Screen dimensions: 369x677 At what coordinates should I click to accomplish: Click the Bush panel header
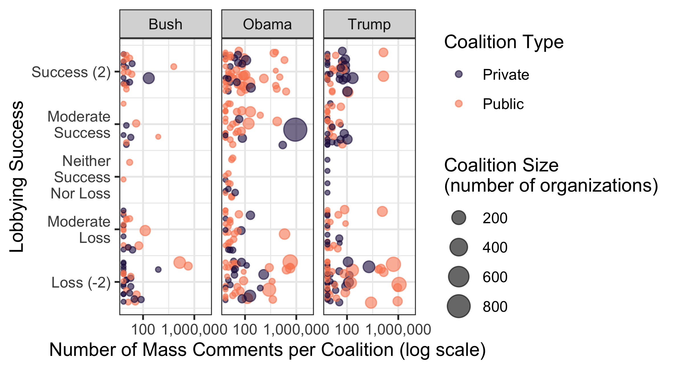coord(166,24)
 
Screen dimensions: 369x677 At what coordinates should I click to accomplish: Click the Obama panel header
coord(267,24)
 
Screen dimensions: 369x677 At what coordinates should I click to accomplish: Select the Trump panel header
coord(369,24)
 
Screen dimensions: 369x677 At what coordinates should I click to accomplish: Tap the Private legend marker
coord(459,74)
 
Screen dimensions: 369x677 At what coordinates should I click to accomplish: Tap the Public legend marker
coord(459,103)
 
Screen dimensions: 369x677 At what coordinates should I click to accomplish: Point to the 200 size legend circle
coord(459,218)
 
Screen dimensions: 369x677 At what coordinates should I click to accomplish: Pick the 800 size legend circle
coord(459,306)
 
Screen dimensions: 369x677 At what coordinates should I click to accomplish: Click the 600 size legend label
coord(495,277)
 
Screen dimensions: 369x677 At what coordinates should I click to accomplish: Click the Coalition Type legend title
coord(503,42)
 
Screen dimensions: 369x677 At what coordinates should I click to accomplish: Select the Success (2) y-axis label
coord(71,72)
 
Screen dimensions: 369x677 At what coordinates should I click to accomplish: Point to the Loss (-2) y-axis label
coord(81,282)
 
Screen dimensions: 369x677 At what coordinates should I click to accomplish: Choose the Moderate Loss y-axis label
coord(79,229)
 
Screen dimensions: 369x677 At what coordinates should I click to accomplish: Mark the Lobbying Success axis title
coord(17,177)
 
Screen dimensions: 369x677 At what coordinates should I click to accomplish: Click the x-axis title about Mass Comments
coord(267,350)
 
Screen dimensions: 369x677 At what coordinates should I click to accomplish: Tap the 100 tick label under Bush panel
coord(143,330)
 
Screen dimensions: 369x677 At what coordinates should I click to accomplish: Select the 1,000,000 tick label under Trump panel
coord(398,330)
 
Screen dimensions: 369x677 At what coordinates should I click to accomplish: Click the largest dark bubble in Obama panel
coord(295,130)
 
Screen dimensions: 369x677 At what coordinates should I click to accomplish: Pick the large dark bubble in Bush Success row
coord(149,78)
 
